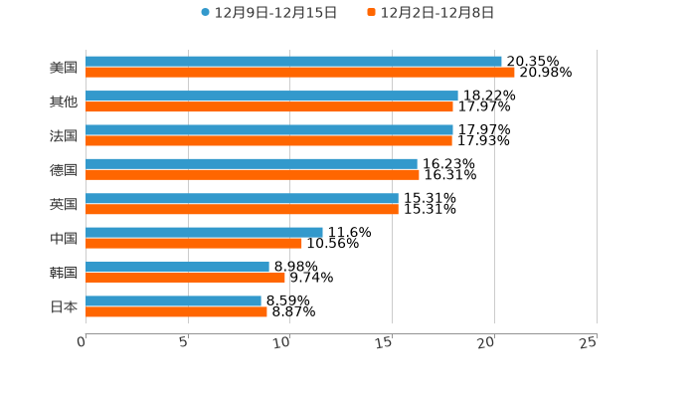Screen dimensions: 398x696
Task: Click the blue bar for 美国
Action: coord(293,62)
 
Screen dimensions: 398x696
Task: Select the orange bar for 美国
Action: coord(299,73)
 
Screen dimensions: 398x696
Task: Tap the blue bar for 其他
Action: coord(271,96)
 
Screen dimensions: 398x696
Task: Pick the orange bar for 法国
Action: coord(268,140)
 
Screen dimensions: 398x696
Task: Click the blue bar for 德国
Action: coord(252,164)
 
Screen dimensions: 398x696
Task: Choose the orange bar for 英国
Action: coord(242,209)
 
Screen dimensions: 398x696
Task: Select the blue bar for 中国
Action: coord(204,232)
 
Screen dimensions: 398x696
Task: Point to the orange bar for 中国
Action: coord(194,243)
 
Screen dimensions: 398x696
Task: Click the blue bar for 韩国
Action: coord(177,267)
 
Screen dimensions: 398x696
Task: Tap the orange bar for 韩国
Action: coord(185,278)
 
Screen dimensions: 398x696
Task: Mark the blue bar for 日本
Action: coord(173,300)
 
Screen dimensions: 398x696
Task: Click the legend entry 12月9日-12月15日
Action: coord(268,13)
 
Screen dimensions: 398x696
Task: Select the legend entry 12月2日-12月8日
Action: coord(431,13)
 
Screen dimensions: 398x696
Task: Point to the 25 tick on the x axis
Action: coord(589,342)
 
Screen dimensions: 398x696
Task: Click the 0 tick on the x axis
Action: coord(82,342)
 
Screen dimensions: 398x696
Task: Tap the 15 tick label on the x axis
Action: coord(385,342)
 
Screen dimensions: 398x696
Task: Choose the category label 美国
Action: coord(64,68)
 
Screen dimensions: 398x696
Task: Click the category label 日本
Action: coord(64,306)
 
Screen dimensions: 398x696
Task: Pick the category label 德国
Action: coord(64,170)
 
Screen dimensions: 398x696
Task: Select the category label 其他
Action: coord(64,101)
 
